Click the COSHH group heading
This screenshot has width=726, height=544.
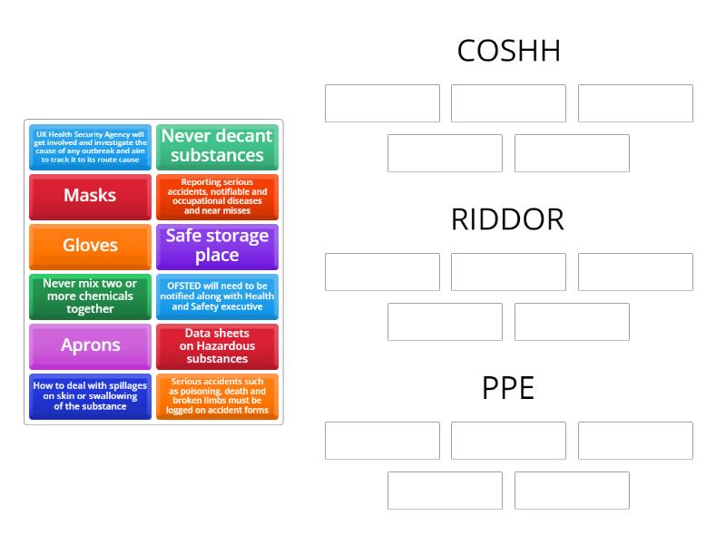pyautogui.click(x=508, y=51)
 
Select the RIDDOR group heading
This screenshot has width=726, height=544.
pyautogui.click(x=508, y=219)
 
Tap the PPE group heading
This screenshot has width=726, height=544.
pyautogui.click(x=508, y=388)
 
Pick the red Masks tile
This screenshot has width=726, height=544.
pyautogui.click(x=90, y=196)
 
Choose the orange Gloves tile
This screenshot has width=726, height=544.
pyautogui.click(x=90, y=246)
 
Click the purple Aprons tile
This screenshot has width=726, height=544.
pyautogui.click(x=90, y=345)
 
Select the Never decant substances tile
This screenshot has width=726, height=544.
pyautogui.click(x=217, y=146)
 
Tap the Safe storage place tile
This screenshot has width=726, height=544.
pyautogui.click(x=217, y=246)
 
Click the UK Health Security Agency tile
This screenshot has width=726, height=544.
pyautogui.click(x=90, y=146)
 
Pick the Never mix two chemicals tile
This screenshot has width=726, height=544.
pyautogui.click(x=90, y=296)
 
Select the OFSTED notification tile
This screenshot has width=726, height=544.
pyautogui.click(x=217, y=296)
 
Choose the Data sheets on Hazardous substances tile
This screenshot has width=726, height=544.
pyautogui.click(x=217, y=345)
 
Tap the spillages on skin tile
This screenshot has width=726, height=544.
pyautogui.click(x=90, y=396)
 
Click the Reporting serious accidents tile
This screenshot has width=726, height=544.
pyautogui.click(x=217, y=196)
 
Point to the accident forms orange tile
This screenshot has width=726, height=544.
pyautogui.click(x=217, y=396)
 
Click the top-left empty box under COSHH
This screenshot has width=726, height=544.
pyautogui.click(x=382, y=103)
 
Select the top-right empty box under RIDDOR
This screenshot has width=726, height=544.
pyautogui.click(x=635, y=272)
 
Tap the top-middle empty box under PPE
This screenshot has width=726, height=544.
pyautogui.click(x=508, y=441)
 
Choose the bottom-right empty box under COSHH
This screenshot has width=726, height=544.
pyautogui.click(x=572, y=153)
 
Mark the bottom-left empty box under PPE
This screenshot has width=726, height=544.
pyautogui.click(x=445, y=491)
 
